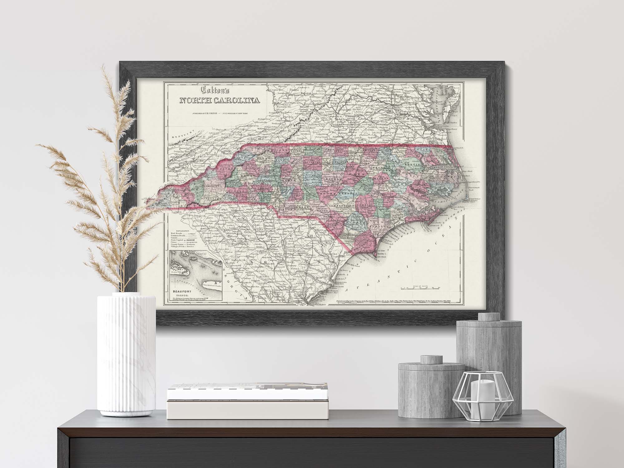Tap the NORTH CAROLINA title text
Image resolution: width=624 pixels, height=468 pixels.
pyautogui.click(x=220, y=100)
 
